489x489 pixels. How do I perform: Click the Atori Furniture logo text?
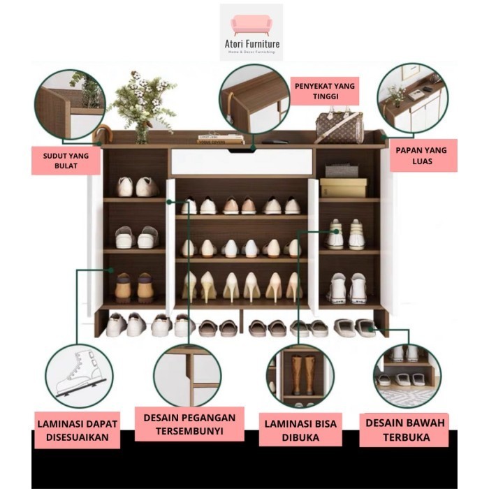[x=251, y=44]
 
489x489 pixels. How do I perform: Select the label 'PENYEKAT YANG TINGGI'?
[x=324, y=92]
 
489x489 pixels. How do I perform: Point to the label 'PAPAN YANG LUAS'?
[x=421, y=156]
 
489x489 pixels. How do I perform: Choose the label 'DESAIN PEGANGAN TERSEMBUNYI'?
[x=189, y=424]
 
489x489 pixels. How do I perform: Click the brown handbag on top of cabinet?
[x=339, y=127]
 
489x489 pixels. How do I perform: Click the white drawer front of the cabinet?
[x=241, y=161]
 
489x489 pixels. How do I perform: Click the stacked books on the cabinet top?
[x=220, y=140]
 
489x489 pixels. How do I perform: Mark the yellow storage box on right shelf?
[x=343, y=187]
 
